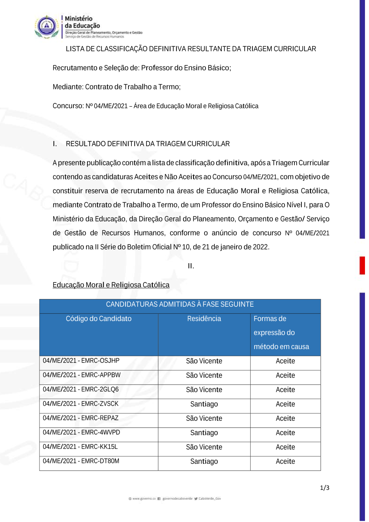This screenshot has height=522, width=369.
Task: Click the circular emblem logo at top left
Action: pyautogui.click(x=46, y=27)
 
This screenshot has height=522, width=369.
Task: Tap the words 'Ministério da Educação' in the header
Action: pyautogui.click(x=82, y=22)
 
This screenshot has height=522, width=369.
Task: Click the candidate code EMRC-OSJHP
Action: pyautogui.click(x=81, y=361)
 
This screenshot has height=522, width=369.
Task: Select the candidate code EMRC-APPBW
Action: pyautogui.click(x=82, y=375)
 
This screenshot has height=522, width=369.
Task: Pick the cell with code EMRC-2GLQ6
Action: pyautogui.click(x=81, y=389)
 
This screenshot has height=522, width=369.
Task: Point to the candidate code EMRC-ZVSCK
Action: pyautogui.click(x=81, y=404)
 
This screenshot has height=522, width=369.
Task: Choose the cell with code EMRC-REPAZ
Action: pyautogui.click(x=81, y=418)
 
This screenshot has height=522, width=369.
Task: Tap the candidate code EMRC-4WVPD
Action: pyautogui.click(x=81, y=433)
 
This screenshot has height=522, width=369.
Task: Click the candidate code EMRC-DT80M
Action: pyautogui.click(x=81, y=461)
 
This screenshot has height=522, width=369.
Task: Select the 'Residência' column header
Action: pyautogui.click(x=204, y=319)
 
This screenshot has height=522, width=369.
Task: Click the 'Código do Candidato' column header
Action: pyautogui.click(x=99, y=319)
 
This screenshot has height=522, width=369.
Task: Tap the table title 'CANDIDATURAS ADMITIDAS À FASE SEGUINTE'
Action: pyautogui.click(x=180, y=305)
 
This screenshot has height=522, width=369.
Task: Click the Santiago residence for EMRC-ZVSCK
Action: pyautogui.click(x=204, y=404)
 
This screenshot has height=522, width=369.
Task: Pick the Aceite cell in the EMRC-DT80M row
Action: pyautogui.click(x=285, y=461)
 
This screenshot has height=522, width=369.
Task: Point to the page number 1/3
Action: pyautogui.click(x=325, y=488)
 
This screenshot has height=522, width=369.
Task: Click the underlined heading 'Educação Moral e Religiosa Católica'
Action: pyautogui.click(x=111, y=285)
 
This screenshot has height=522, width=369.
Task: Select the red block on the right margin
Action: pyautogui.click(x=362, y=265)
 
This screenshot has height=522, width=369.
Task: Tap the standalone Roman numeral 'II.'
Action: pyautogui.click(x=191, y=266)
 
